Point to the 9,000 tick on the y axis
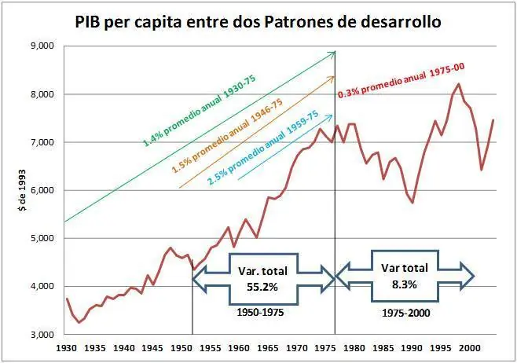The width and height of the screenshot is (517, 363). click(40, 46)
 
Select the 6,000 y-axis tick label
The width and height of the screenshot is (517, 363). click(40, 190)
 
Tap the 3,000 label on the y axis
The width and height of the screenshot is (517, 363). click(40, 334)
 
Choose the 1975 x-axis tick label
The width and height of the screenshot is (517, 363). click(326, 346)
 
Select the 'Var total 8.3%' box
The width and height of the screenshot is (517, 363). click(405, 274)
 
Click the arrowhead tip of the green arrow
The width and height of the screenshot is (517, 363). click(335, 52)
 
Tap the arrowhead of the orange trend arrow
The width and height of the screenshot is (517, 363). click(335, 76)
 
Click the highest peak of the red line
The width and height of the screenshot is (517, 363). click(459, 84)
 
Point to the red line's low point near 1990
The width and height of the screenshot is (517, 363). click(412, 202)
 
